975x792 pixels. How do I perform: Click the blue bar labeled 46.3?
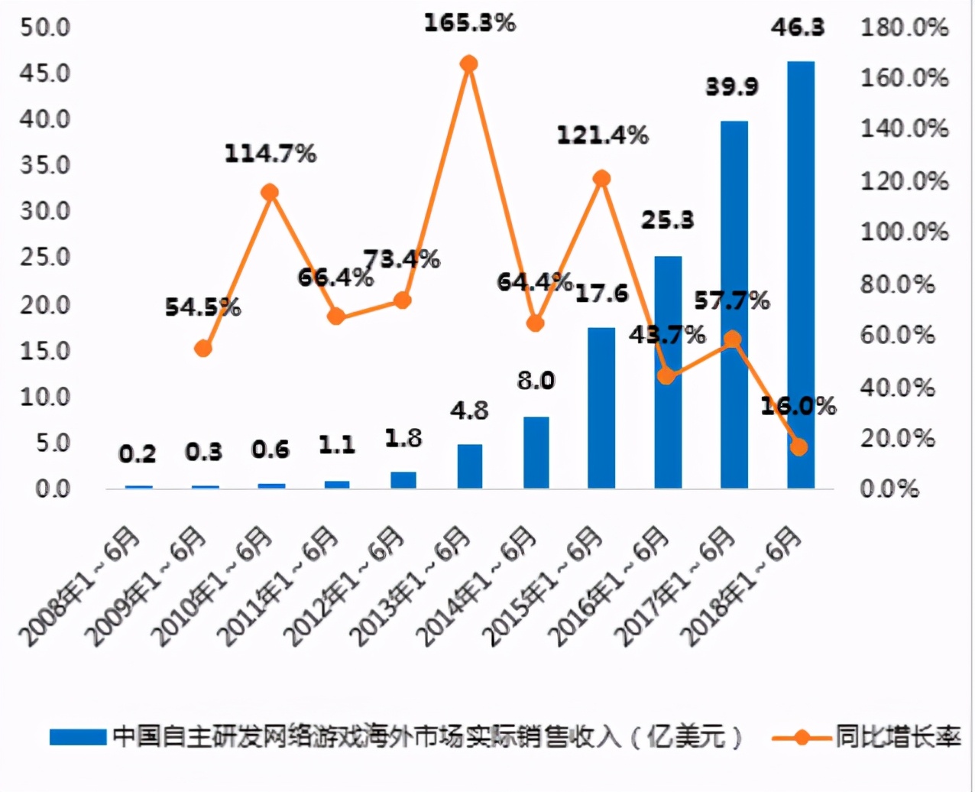(800, 275)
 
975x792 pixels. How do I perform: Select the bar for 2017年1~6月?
(734, 306)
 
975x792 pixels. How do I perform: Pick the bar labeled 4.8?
(469, 466)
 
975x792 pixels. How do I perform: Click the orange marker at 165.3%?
(469, 64)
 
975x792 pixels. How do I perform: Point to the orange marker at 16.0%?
(798, 447)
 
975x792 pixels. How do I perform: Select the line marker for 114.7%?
(270, 192)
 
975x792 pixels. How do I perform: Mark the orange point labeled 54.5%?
(203, 349)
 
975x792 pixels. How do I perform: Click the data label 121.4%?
(602, 136)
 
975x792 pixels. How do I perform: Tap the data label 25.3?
(667, 220)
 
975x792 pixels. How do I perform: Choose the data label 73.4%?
(401, 259)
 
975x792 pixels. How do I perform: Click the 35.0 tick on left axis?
(45, 165)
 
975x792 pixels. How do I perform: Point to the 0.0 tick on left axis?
(52, 489)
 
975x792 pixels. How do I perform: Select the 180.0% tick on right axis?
(904, 28)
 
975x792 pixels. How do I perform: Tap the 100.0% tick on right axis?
(904, 232)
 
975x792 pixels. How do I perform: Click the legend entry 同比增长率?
(897, 737)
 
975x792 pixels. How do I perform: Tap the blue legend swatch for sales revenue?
(77, 737)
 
